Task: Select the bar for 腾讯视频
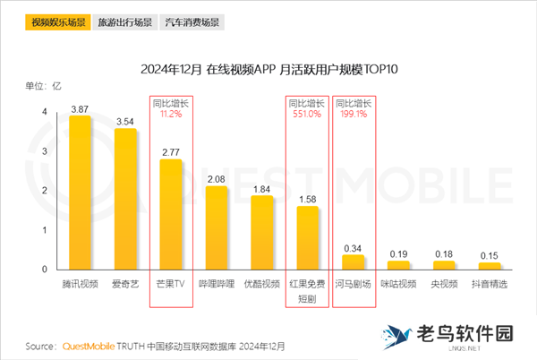pyautogui.click(x=80, y=193)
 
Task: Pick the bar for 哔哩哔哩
pyautogui.click(x=217, y=227)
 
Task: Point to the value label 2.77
pyautogui.click(x=170, y=152)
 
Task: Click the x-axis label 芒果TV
pyautogui.click(x=170, y=284)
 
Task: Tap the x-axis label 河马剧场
pyautogui.click(x=354, y=284)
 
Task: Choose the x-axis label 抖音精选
pyautogui.click(x=490, y=284)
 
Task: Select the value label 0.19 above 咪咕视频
pyautogui.click(x=398, y=254)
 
